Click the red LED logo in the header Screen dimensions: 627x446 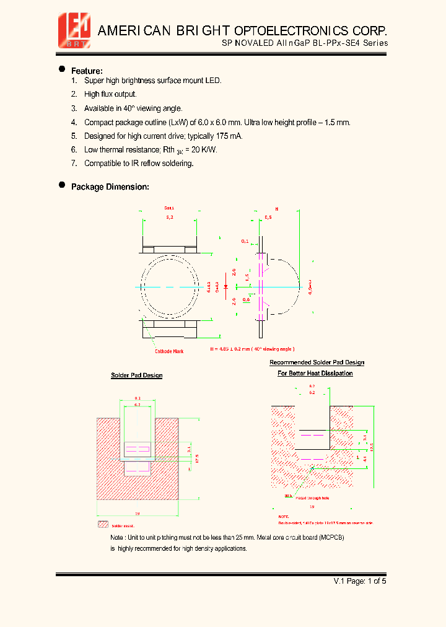point(74,30)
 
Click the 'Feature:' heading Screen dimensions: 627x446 point(87,71)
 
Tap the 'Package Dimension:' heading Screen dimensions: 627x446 point(110,186)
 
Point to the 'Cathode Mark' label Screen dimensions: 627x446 point(169,351)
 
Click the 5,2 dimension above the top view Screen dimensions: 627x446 point(170,218)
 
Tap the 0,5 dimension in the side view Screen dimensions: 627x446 point(268,218)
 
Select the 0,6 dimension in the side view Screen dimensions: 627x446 point(246,300)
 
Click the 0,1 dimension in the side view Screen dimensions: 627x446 point(245,240)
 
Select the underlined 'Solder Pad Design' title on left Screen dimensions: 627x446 point(136,375)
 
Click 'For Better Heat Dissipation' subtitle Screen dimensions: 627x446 point(315,373)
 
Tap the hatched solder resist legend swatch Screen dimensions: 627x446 point(103,524)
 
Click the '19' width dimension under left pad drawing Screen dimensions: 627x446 point(137,514)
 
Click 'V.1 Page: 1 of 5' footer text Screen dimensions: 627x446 point(360,581)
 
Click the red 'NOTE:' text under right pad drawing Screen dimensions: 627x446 point(284,516)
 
